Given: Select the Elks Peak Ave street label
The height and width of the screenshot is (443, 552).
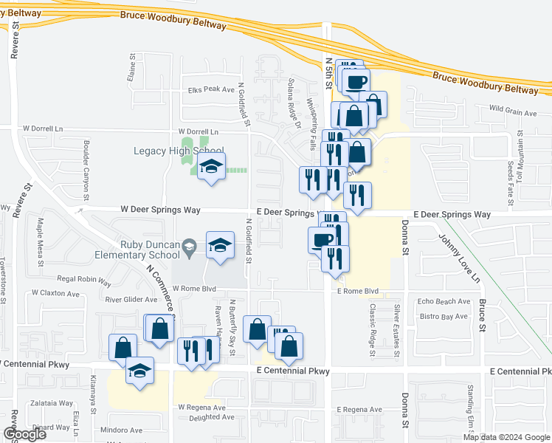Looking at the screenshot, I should (210, 89).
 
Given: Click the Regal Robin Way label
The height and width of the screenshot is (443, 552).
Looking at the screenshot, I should (83, 281).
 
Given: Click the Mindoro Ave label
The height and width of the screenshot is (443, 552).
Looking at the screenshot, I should (122, 430).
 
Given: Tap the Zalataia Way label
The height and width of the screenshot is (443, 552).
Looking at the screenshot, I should (52, 404).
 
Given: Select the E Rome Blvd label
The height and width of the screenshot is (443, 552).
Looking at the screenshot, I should (357, 291).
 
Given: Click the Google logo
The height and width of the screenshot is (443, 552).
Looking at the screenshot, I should (24, 434).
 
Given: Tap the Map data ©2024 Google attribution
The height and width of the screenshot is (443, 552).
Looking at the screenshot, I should (507, 437).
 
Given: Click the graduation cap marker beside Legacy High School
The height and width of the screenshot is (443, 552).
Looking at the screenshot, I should (211, 168).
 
